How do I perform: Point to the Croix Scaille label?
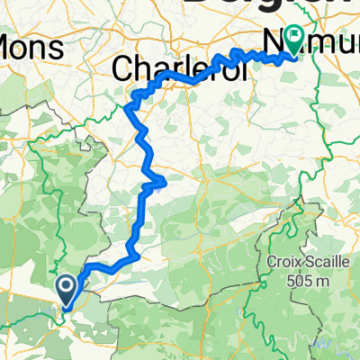[x=302, y=262]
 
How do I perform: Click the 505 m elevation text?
[x=302, y=280]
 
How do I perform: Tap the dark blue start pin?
[x=67, y=289]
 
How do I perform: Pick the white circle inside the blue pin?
[x=67, y=285]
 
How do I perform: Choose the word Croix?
[x=282, y=262]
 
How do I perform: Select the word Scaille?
[x=319, y=262]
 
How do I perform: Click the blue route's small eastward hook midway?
[x=160, y=184]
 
